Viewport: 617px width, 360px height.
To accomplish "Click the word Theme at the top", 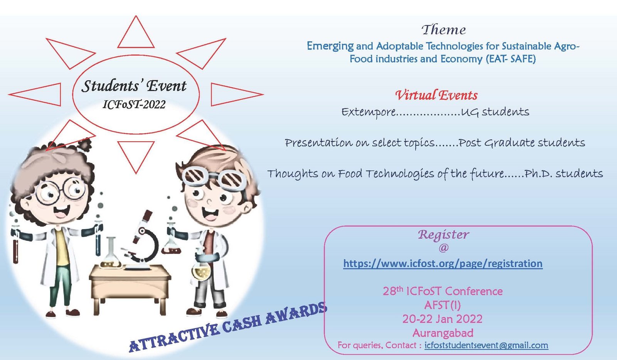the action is point(444,30).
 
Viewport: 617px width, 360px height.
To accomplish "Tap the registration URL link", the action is point(443,264).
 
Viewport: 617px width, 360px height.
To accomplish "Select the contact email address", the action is point(486,345).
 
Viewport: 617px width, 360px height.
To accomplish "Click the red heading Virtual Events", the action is point(436,95).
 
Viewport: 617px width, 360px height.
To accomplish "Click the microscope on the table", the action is point(142,240).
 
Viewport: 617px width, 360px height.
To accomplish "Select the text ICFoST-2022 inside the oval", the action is point(134,105).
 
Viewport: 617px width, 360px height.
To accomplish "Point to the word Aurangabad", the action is point(443,333).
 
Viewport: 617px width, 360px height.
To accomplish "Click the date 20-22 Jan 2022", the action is point(442,319).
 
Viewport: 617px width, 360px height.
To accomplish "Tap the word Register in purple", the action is point(443,235).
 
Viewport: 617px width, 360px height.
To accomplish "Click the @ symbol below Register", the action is point(443,248).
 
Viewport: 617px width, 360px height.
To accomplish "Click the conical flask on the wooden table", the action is point(111,253).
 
